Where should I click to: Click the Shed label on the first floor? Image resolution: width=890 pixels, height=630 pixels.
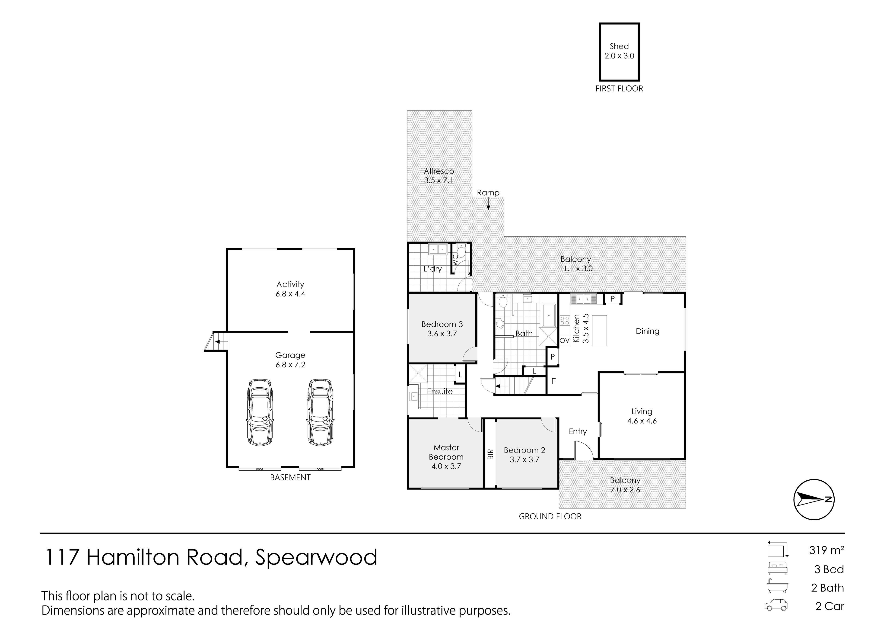coord(619,51)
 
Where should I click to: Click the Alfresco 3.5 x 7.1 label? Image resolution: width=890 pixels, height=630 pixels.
coord(439,175)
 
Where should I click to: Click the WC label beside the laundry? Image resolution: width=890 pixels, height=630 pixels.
coord(455,260)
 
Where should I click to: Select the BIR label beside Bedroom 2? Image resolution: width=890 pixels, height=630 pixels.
coord(490,454)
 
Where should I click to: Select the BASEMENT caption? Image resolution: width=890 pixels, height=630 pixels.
coord(290,478)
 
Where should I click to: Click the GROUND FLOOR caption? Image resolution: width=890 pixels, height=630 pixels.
coord(550,516)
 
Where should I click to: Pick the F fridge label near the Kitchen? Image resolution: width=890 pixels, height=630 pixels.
coord(553,381)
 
